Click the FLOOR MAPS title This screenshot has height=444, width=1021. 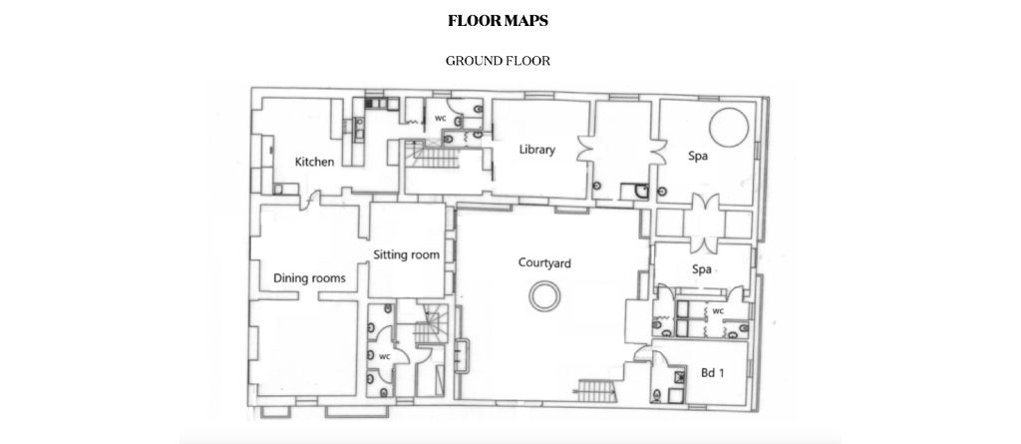[x=499, y=21]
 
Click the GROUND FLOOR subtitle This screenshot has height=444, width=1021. [x=499, y=61]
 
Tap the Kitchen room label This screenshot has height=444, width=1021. [x=314, y=162]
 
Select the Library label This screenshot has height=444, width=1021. [x=537, y=150]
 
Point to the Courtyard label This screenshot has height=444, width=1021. [x=544, y=263]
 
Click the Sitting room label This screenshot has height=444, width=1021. [x=407, y=254]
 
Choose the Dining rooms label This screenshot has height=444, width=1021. [x=309, y=278]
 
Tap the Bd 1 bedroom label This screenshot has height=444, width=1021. [x=712, y=373]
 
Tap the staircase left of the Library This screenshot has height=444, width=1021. [x=431, y=157]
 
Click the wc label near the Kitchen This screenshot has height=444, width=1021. [x=440, y=118]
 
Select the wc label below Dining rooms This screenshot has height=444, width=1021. [x=384, y=356]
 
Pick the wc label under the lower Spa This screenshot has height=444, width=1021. [x=718, y=311]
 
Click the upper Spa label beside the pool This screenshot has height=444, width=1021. [x=698, y=157]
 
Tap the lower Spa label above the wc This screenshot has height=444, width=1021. [x=701, y=269]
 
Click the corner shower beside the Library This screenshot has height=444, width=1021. [x=635, y=191]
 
